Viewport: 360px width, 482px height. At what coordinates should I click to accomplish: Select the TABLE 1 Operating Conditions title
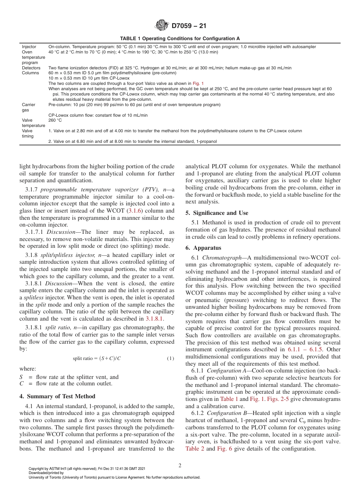click(x=180, y=39)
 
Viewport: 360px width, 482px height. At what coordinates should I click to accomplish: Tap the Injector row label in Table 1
click(x=29, y=47)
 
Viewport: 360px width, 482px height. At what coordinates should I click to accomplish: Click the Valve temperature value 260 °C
click(x=55, y=120)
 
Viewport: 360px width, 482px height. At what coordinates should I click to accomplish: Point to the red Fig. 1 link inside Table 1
click(x=198, y=83)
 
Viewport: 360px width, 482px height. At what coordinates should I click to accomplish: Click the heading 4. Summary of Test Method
click(x=57, y=396)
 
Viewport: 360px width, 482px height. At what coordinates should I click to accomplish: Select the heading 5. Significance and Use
click(x=216, y=213)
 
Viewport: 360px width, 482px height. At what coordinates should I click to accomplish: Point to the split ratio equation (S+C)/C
click(x=97, y=358)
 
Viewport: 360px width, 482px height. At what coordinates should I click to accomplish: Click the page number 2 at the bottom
click(x=180, y=466)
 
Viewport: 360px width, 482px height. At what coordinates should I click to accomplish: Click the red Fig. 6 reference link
click(x=222, y=449)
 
